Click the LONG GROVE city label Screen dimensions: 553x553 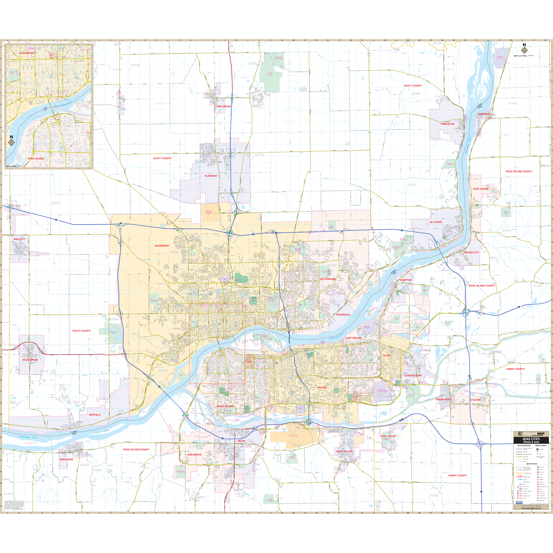[223, 106]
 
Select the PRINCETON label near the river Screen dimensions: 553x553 [447, 124]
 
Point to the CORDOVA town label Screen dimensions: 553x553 [483, 114]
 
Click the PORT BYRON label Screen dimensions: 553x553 [481, 189]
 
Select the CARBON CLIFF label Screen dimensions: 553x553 [413, 376]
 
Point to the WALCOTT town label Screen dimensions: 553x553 [20, 239]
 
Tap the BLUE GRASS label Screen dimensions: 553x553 [30, 360]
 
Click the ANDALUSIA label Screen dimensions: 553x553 [66, 459]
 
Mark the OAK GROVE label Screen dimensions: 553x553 [194, 455]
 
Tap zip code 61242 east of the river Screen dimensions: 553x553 [513, 103]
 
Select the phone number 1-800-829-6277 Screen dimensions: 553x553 [531, 506]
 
